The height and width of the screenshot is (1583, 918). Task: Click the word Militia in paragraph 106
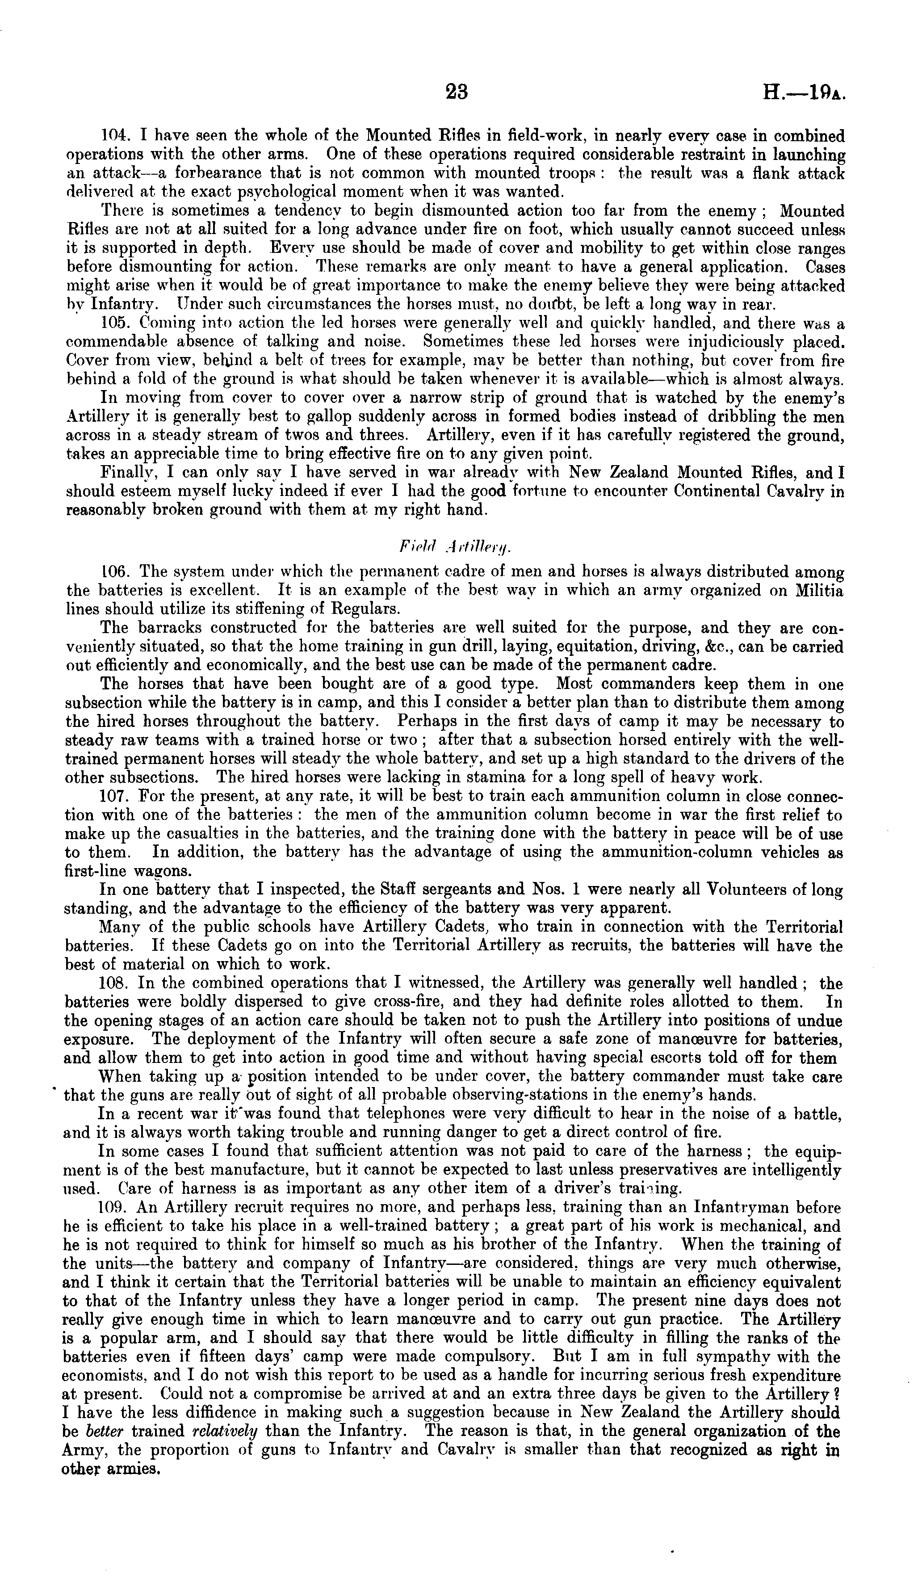[819, 591]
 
